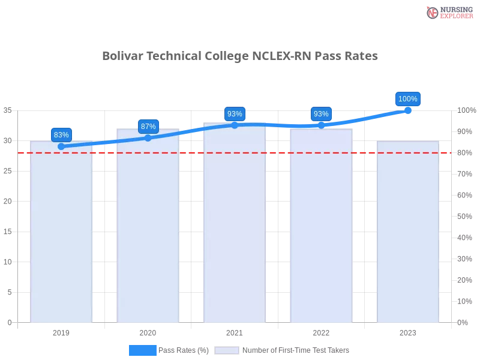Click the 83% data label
coord(61,135)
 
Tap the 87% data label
coord(148,127)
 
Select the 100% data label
coord(408,99)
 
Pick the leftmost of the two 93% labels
coord(235,114)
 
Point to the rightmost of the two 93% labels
coord(321,114)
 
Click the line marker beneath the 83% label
coord(61,146)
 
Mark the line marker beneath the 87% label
coord(148,138)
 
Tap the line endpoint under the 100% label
coord(408,110)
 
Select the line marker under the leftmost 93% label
coord(235,125)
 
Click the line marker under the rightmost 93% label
coord(321,125)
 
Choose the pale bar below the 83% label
coord(62,234)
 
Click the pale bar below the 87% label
coord(148,228)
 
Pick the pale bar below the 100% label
coord(408,234)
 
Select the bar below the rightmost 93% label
coord(321,228)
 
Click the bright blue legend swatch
coord(142,350)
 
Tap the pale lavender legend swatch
coord(227,350)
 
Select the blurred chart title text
coord(240,56)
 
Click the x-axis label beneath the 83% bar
coord(62,331)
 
